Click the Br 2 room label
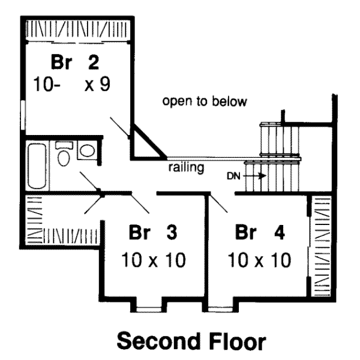pos(74,62)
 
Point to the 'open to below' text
pos(204,101)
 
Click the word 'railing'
pos(186,167)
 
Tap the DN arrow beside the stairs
pos(254,176)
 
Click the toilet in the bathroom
pos(64,156)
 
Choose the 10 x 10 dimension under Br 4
pos(259,260)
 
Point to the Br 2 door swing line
pos(119,127)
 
